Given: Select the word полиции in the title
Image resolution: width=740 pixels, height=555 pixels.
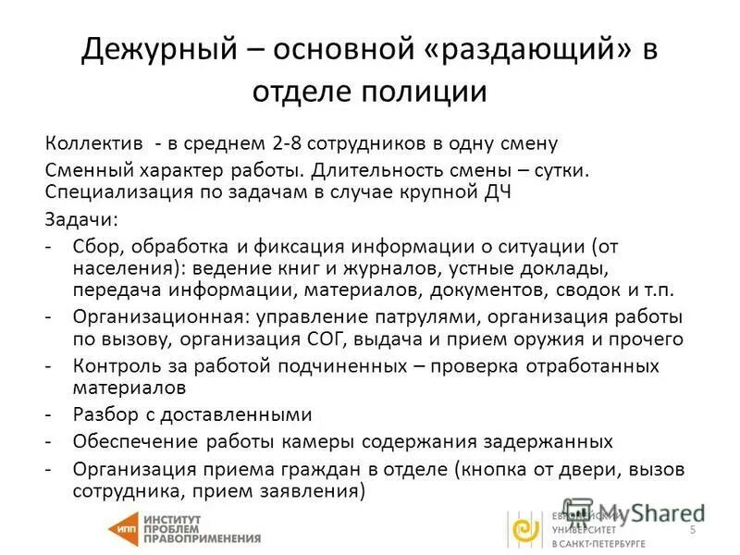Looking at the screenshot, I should [429, 92].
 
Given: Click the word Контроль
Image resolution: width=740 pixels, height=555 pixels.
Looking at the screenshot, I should [117, 365].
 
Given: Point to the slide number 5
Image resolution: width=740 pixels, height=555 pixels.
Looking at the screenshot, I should [693, 530].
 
